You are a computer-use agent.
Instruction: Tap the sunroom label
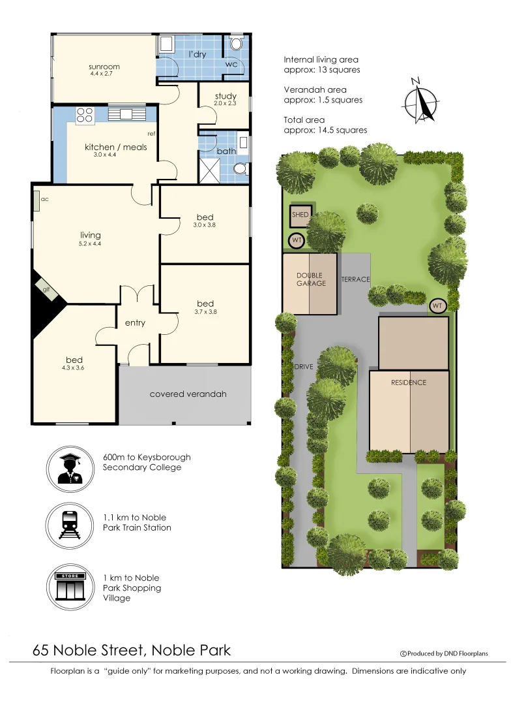(x=104, y=67)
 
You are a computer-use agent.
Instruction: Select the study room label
(x=226, y=97)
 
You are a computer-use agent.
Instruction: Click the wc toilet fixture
(x=236, y=44)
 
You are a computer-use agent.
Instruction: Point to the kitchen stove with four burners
(x=85, y=115)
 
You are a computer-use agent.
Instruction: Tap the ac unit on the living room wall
(x=36, y=202)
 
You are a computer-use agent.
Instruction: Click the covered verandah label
(x=188, y=394)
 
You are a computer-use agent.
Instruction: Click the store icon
(x=71, y=587)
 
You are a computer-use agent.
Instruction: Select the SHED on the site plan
(x=300, y=215)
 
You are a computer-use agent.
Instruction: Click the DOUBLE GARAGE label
(x=310, y=279)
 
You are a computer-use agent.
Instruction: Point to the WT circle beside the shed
(x=297, y=241)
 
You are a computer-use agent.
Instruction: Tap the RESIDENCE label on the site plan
(x=409, y=383)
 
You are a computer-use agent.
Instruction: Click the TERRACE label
(x=355, y=279)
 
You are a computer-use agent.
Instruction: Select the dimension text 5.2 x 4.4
(x=91, y=243)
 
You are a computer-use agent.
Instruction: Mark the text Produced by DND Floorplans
(x=448, y=653)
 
